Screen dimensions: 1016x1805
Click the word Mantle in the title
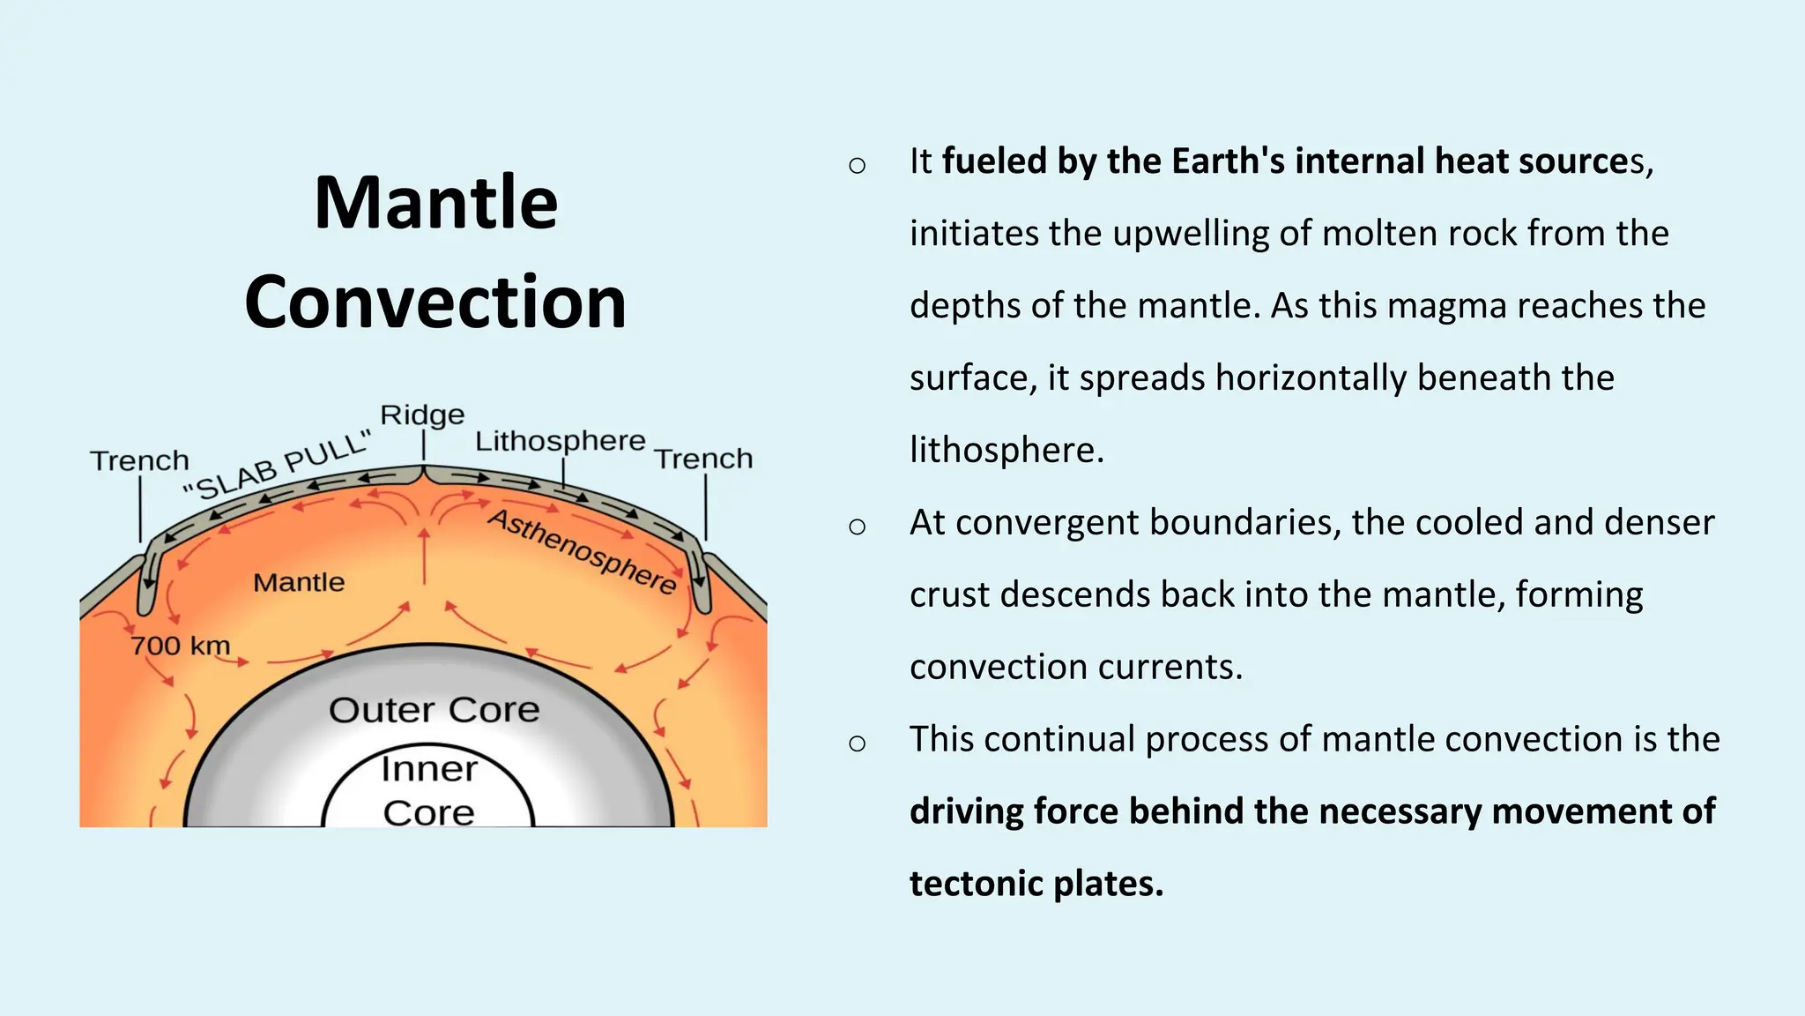tap(435, 204)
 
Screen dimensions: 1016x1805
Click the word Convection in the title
tap(435, 303)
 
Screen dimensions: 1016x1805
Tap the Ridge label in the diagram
tap(422, 415)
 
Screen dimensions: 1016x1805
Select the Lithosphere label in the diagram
tap(560, 441)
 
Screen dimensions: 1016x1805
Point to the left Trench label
tap(139, 460)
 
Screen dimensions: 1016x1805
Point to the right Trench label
tap(703, 459)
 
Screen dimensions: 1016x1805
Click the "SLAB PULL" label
tap(277, 467)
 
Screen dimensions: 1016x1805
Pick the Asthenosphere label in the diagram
tap(583, 550)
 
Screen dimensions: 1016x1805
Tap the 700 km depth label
tap(180, 646)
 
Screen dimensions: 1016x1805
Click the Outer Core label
tap(434, 710)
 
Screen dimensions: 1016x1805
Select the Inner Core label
tap(429, 790)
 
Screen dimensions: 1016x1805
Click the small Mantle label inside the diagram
tap(299, 582)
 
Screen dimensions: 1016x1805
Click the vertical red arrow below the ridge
tap(424, 556)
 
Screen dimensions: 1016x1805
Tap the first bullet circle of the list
tap(857, 165)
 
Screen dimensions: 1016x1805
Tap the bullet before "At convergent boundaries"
tap(857, 527)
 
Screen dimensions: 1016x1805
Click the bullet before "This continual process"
tap(857, 743)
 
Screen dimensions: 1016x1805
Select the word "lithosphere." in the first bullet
tap(1006, 450)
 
